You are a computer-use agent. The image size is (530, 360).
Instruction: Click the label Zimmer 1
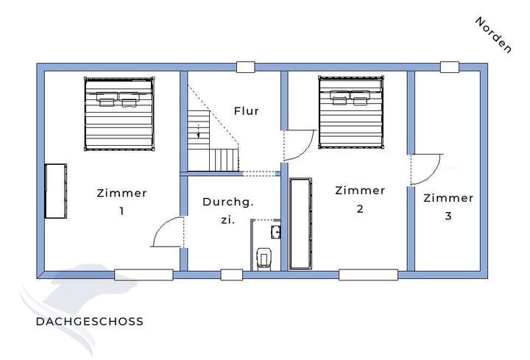[x=121, y=202]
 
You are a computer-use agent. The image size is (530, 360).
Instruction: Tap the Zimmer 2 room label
[x=359, y=199]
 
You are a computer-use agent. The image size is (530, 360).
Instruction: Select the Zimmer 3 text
[x=448, y=206]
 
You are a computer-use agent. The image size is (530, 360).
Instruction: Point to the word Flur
[x=247, y=111]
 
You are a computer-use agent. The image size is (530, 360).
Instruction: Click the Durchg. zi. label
[x=227, y=210]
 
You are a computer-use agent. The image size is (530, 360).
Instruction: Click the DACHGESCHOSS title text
[x=89, y=322]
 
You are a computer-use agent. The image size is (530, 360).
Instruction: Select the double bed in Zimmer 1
[x=119, y=114]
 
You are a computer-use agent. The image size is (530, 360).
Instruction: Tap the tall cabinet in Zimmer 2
[x=300, y=223]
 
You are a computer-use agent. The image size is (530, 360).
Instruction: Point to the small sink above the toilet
[x=276, y=232]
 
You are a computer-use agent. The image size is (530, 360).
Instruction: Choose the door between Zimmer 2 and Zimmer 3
[x=425, y=169]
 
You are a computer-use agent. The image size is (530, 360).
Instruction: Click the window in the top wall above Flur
[x=246, y=67]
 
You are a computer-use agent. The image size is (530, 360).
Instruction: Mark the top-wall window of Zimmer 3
[x=450, y=67]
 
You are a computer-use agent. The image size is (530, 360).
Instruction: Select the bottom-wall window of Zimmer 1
[x=144, y=275]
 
